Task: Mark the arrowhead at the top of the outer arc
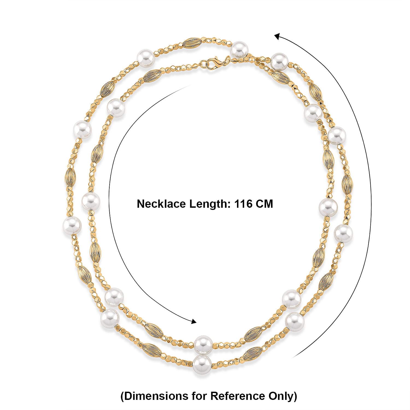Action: (x=277, y=36)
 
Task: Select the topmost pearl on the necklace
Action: (x=239, y=49)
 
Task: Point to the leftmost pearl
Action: (x=72, y=225)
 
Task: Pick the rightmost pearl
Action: (x=344, y=234)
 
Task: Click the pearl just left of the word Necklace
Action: (x=91, y=201)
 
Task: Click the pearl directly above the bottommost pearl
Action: (x=203, y=344)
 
